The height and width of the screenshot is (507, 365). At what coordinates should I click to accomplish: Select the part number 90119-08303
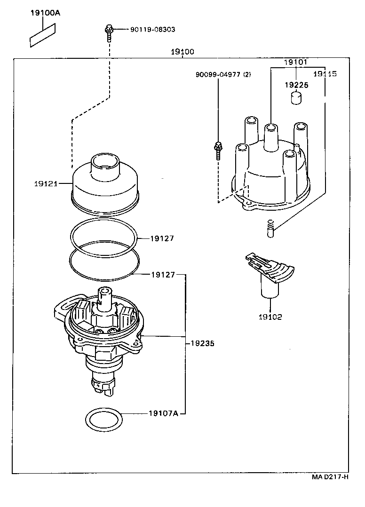coord(152,29)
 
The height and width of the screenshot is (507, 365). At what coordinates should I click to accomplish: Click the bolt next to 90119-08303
coord(108,32)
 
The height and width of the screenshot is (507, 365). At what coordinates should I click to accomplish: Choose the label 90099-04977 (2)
coord(223,74)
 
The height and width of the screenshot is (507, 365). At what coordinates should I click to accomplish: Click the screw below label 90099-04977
coord(218,150)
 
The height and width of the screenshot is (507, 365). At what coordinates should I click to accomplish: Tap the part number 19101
coord(295,62)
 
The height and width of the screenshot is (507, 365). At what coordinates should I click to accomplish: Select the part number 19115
coord(325,74)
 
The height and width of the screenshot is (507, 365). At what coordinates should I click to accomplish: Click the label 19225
coord(295,85)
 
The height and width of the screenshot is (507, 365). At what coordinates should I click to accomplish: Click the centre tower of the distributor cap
coord(270,137)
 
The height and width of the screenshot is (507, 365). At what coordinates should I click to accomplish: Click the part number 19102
coord(270,317)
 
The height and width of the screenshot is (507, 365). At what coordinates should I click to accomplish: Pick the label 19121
coord(45,183)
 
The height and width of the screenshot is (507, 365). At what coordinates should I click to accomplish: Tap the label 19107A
coord(163,413)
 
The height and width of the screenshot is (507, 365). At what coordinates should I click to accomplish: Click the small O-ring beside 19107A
coord(104,419)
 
